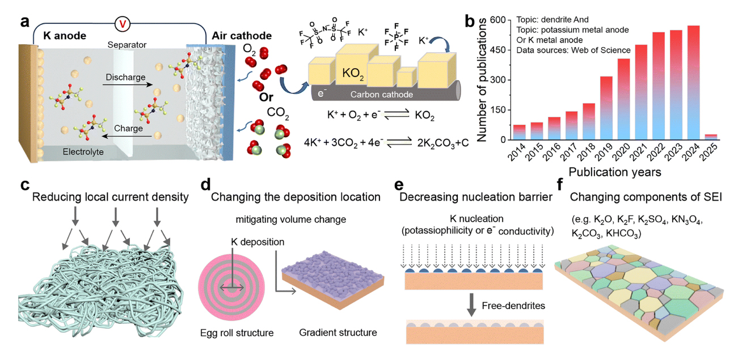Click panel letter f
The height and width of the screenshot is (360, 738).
pyautogui.click(x=559, y=185)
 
